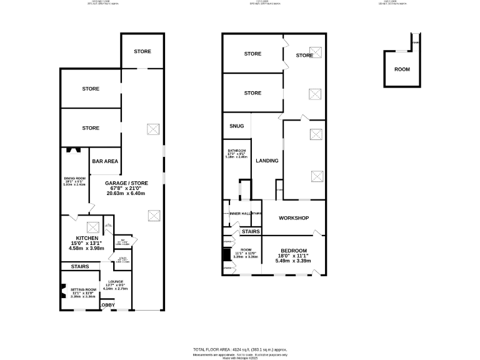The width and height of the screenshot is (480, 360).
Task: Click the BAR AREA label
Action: [105, 161]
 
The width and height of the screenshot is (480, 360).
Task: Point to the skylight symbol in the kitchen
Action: [93, 227]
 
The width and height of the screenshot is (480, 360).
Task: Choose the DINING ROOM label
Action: [74, 179]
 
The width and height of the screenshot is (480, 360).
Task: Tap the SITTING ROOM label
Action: [82, 289]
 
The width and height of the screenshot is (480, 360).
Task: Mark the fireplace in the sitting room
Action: [62, 292]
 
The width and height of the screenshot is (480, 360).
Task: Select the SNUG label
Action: [236, 126]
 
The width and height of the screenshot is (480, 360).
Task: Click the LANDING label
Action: [267, 161]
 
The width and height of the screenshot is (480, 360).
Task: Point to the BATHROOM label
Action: [237, 151]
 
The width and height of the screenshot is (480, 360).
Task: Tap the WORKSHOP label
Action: [294, 218]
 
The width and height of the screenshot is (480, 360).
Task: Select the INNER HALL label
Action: [239, 214]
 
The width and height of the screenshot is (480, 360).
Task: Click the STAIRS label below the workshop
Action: [251, 231]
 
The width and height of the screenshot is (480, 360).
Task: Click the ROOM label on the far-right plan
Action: [402, 69]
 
